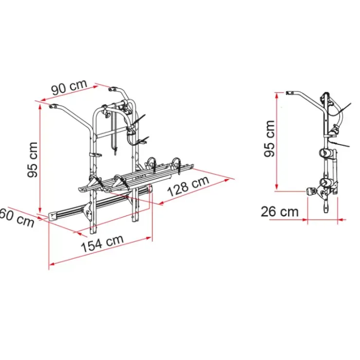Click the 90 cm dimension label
point(70,87)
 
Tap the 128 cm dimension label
point(188,186)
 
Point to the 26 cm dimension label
point(280,212)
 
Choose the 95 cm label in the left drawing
point(33,160)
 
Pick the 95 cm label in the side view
point(270,139)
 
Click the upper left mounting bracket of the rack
point(53,107)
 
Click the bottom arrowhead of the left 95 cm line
point(40,211)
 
